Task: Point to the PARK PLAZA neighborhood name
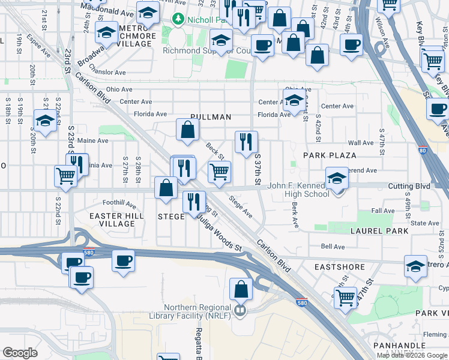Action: [330, 155]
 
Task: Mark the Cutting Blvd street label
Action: [409, 187]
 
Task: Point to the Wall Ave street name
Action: [361, 143]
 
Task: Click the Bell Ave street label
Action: [333, 247]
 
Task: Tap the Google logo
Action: [20, 353]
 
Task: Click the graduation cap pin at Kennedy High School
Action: [337, 178]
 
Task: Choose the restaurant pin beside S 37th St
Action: [246, 142]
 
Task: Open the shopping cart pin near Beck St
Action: [220, 172]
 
